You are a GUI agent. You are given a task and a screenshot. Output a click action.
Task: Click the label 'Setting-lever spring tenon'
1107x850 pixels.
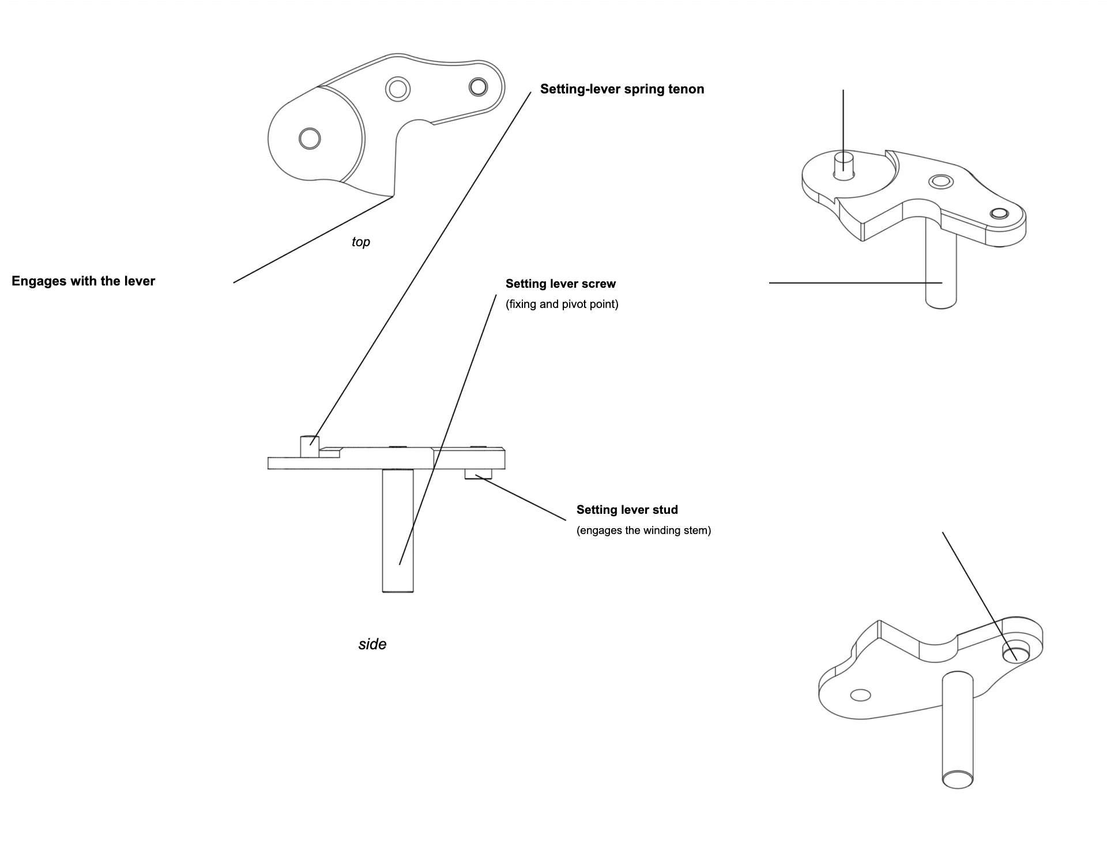622,89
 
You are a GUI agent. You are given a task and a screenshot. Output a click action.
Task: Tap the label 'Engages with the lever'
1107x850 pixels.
84,281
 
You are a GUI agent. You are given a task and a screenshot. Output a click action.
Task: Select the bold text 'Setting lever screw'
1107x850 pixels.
560,284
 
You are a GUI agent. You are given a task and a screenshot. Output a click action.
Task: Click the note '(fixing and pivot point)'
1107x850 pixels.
562,304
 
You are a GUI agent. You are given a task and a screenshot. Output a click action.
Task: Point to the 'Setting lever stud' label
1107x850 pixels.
627,510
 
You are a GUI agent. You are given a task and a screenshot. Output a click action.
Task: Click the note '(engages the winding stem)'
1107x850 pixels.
644,531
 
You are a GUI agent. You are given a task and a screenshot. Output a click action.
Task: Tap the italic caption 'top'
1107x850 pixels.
361,242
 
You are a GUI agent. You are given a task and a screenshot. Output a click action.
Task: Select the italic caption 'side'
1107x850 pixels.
372,644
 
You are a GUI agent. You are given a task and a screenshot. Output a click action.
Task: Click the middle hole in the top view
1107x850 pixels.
397,89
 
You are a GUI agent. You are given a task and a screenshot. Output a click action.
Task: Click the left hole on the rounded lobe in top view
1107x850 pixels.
310,139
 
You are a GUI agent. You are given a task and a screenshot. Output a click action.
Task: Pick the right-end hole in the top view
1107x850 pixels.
478,87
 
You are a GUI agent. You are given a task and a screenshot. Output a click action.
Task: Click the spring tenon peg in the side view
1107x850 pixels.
310,446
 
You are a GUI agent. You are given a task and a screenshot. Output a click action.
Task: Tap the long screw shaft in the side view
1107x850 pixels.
398,531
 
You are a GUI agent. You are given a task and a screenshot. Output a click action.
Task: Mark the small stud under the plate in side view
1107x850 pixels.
479,474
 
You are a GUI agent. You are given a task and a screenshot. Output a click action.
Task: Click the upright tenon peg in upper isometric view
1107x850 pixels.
844,166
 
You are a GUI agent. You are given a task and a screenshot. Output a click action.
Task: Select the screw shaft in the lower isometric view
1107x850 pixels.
958,730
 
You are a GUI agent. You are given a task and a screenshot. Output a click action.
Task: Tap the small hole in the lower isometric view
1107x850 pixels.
861,695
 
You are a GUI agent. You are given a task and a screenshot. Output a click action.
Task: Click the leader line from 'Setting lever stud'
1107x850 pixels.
521,498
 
